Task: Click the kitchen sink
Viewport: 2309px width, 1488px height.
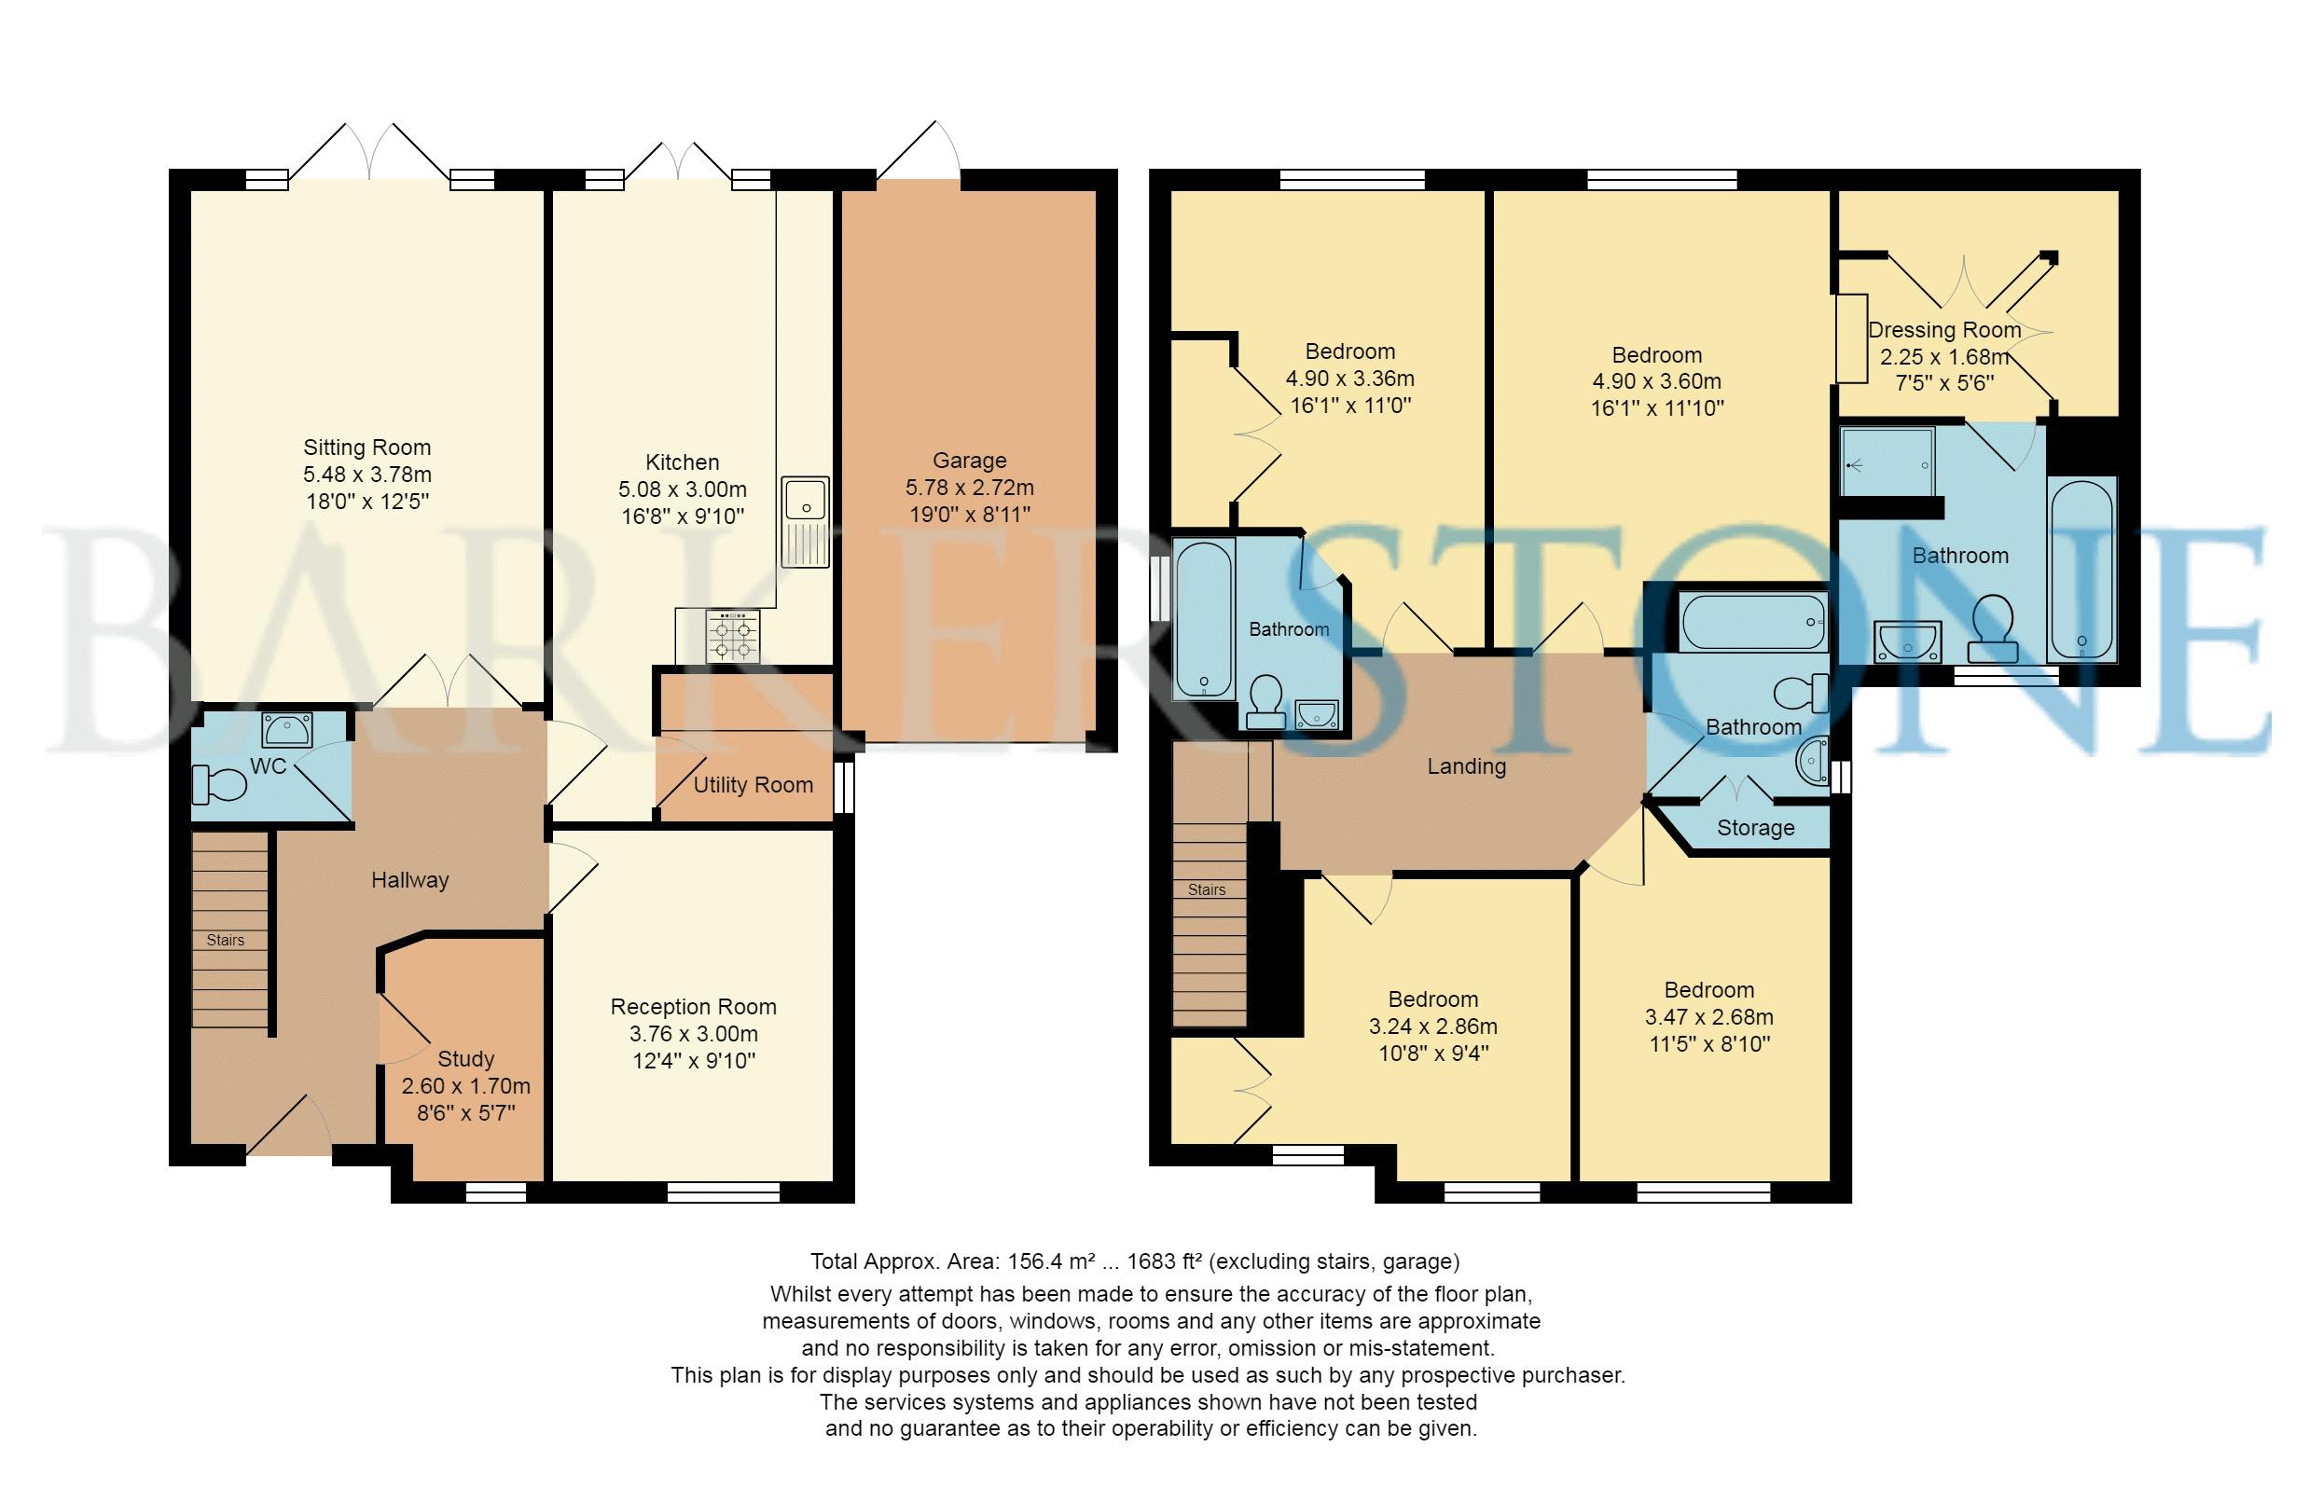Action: (805, 521)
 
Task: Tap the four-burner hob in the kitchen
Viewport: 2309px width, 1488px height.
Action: (733, 637)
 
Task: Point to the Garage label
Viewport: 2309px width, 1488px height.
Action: (970, 460)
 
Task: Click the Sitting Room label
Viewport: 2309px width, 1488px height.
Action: (367, 448)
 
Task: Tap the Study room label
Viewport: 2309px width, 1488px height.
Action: (466, 1059)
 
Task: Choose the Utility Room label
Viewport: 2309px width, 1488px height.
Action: (753, 785)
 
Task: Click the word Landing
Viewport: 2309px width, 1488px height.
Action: (1466, 767)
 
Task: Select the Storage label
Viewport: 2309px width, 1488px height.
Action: (1755, 828)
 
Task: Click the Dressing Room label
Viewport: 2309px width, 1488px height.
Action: (1943, 330)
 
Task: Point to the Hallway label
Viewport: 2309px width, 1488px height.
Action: (409, 880)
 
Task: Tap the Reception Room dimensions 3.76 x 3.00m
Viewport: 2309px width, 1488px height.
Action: (694, 1034)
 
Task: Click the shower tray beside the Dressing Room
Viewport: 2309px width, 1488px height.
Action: (1887, 462)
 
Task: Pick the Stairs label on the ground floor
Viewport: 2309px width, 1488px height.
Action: (225, 940)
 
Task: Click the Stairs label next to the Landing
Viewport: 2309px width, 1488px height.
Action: (1206, 889)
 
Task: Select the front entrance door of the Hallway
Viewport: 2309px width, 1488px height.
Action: (289, 1125)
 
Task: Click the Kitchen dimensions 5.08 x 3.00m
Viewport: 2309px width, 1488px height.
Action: (683, 489)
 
